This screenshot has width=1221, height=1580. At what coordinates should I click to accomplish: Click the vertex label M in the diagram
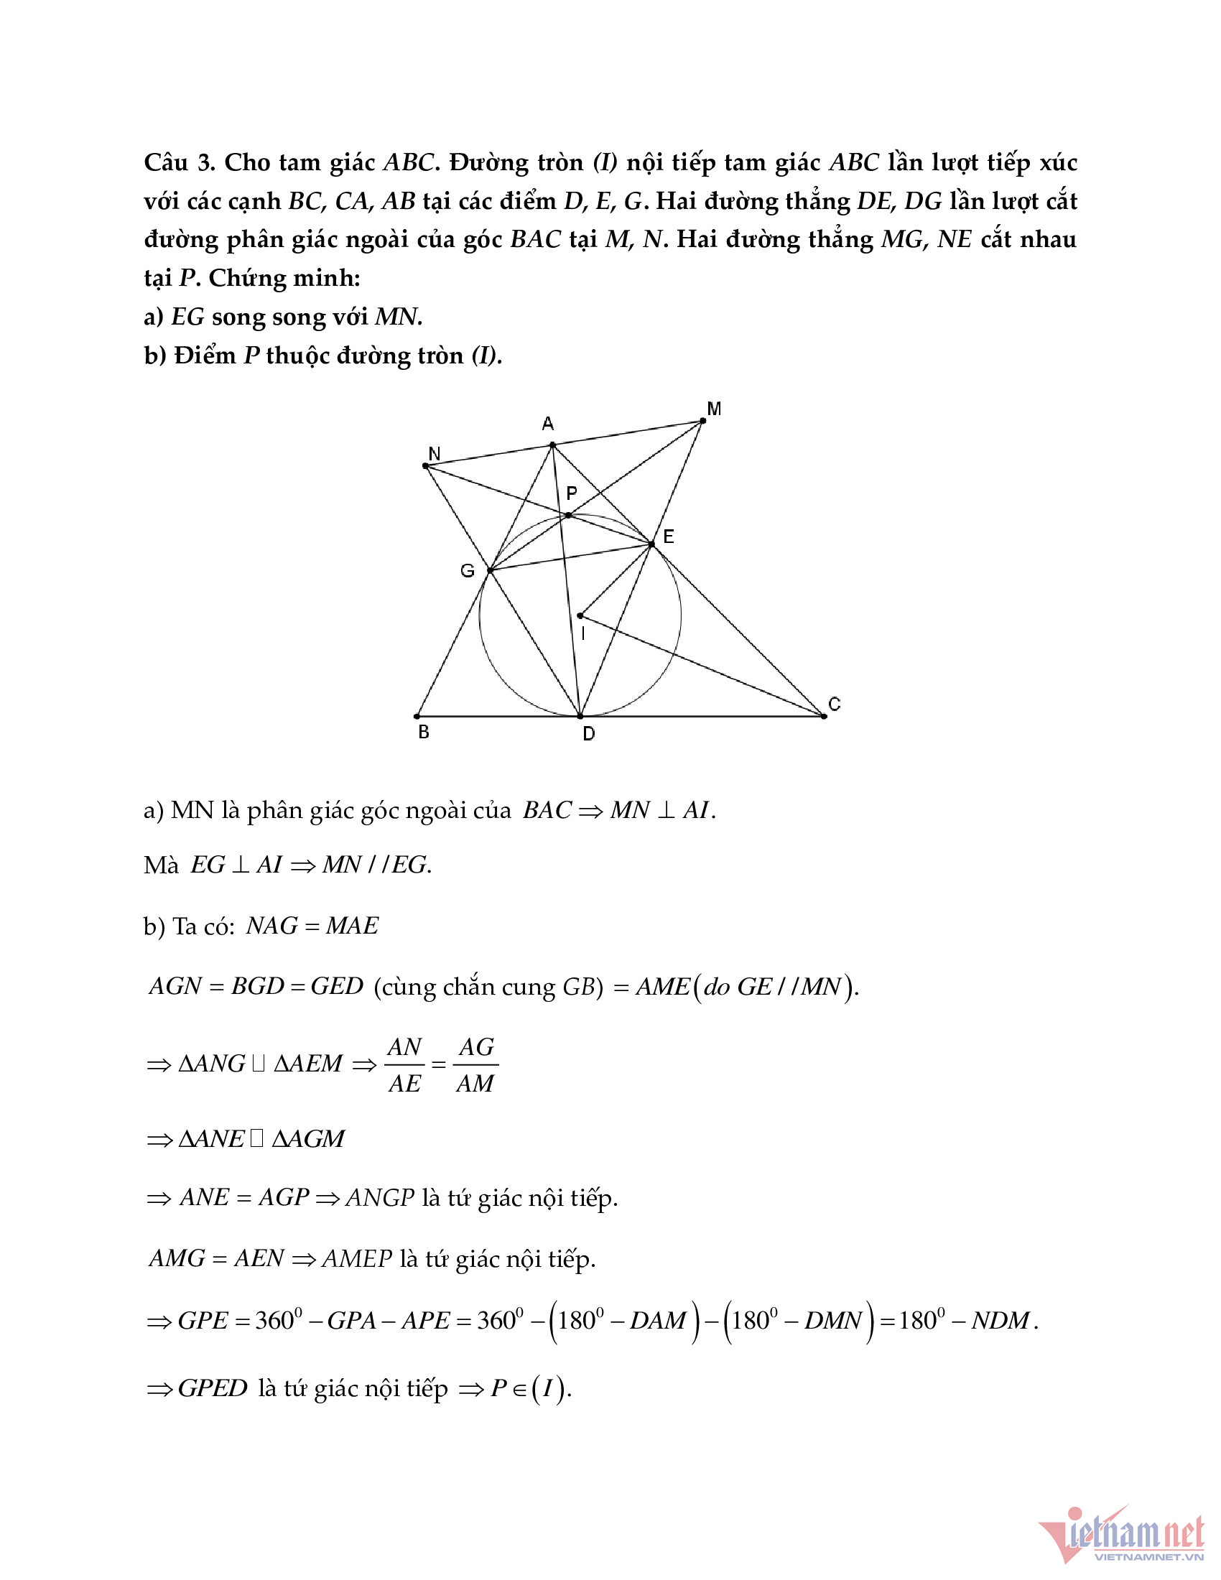pyautogui.click(x=714, y=409)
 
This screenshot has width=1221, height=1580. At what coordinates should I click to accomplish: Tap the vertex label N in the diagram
pyautogui.click(x=434, y=454)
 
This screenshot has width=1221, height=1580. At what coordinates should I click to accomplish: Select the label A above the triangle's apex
pyautogui.click(x=547, y=424)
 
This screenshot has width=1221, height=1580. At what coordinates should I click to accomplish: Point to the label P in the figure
pyautogui.click(x=572, y=494)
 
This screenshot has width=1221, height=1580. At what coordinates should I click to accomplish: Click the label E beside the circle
pyautogui.click(x=669, y=536)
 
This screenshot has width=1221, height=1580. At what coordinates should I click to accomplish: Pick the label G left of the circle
pyautogui.click(x=468, y=572)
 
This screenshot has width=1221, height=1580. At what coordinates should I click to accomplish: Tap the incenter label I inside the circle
pyautogui.click(x=583, y=634)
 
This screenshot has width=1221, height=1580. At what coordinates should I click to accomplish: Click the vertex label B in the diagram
pyautogui.click(x=424, y=732)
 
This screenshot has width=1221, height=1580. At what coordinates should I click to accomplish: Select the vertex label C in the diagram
pyautogui.click(x=834, y=704)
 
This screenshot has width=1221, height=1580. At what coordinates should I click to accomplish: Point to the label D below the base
pyautogui.click(x=589, y=734)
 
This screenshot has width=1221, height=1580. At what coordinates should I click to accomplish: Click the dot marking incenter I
pyautogui.click(x=580, y=615)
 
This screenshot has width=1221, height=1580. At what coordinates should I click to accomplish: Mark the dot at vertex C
pyautogui.click(x=824, y=716)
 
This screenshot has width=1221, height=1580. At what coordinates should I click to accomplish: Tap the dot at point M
pyautogui.click(x=703, y=420)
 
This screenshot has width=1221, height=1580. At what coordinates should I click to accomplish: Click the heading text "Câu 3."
pyautogui.click(x=180, y=163)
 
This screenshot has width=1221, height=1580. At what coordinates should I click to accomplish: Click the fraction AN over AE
pyautogui.click(x=404, y=1065)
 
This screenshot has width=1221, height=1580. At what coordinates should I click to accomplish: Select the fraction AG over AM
pyautogui.click(x=476, y=1065)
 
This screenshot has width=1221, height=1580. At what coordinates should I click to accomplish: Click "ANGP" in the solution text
pyautogui.click(x=380, y=1198)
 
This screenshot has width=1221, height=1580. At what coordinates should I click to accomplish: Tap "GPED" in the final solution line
pyautogui.click(x=213, y=1388)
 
